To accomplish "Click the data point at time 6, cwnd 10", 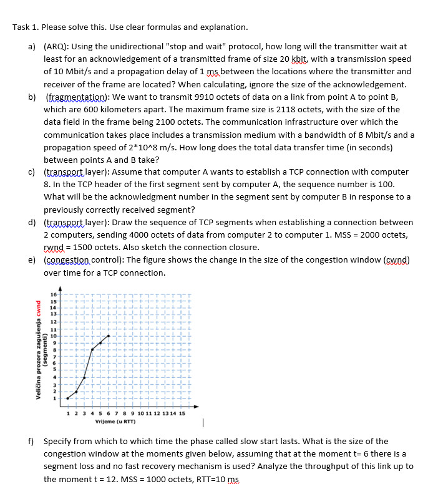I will (109, 336).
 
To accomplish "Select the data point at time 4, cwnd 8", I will (92, 349).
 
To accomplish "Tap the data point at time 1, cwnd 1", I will (68, 397).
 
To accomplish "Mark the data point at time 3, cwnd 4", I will (84, 377).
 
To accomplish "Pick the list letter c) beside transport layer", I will (31, 172).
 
